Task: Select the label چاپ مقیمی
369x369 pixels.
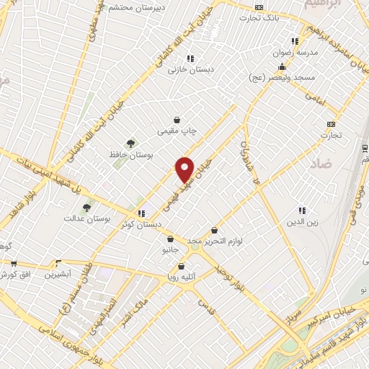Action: [178, 131]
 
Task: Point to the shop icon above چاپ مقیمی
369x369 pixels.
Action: [177, 120]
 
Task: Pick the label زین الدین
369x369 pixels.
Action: [303, 222]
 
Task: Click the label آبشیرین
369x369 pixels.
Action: [58, 275]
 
